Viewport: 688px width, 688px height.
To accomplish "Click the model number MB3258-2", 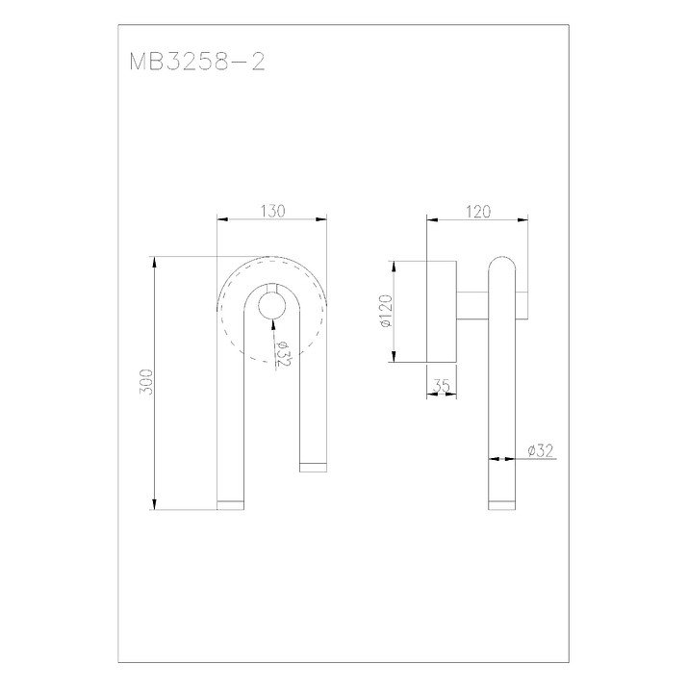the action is (x=197, y=62).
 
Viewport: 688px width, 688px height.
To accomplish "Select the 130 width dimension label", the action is (x=273, y=211).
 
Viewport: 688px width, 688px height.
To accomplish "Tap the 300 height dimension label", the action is (x=145, y=382).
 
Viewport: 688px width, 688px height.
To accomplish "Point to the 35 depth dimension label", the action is (x=442, y=386).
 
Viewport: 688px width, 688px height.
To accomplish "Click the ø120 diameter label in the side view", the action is (x=387, y=311).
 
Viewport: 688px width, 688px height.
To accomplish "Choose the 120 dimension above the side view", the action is (x=478, y=212).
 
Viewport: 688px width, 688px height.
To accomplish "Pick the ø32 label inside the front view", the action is (x=282, y=354).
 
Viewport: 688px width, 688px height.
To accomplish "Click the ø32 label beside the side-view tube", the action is (x=541, y=450).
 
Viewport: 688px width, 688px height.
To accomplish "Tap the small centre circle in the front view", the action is (x=272, y=305).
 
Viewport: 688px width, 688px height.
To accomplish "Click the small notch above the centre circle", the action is (x=272, y=288).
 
